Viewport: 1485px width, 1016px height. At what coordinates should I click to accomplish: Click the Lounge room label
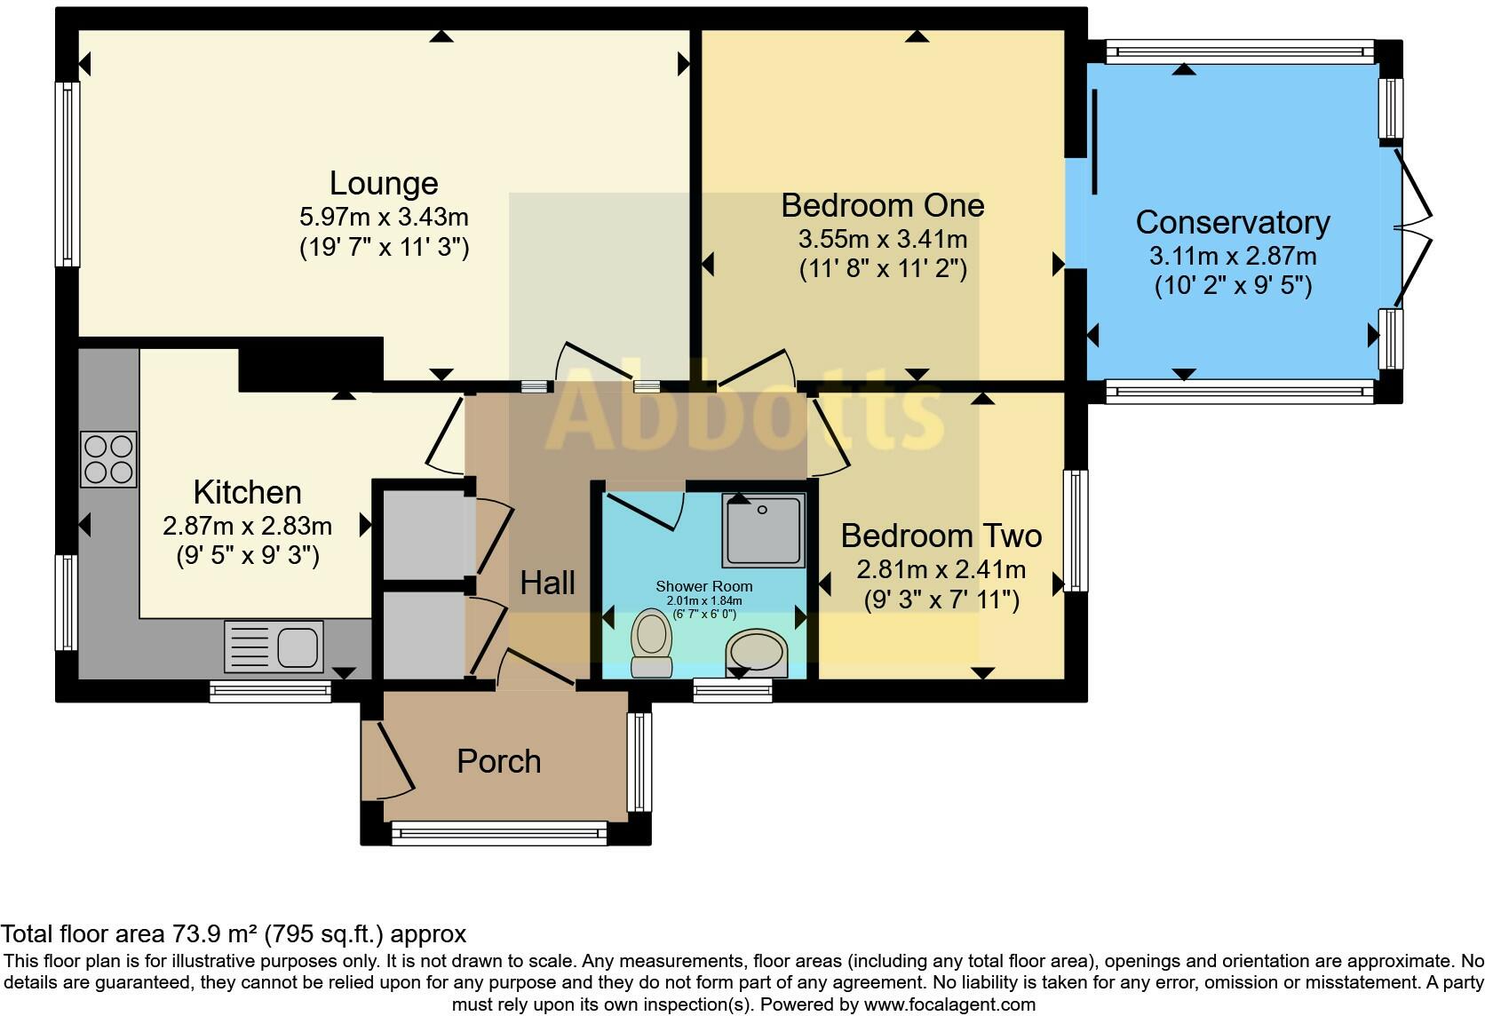(x=384, y=184)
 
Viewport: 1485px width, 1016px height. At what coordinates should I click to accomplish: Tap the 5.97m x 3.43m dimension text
(x=384, y=217)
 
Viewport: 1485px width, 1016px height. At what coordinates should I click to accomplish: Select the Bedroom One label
(x=882, y=205)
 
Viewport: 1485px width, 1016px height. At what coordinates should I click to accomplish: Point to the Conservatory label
(x=1233, y=223)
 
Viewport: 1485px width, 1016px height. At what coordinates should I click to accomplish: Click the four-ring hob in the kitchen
(x=108, y=459)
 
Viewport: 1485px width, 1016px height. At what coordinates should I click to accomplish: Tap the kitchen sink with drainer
(x=274, y=647)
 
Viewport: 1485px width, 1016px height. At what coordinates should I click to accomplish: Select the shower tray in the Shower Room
(x=763, y=530)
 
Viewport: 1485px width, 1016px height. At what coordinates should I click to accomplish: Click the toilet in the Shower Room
(x=652, y=644)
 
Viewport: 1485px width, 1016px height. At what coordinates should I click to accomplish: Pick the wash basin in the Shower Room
(x=757, y=652)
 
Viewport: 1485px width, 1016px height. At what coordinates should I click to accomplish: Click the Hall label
(x=548, y=583)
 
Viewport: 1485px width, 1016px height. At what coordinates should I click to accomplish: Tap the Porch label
(x=499, y=761)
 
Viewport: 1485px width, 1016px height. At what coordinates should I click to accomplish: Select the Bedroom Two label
(x=941, y=536)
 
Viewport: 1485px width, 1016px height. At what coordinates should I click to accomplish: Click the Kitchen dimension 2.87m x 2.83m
(x=247, y=526)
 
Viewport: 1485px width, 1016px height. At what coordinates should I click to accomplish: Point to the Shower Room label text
(x=704, y=586)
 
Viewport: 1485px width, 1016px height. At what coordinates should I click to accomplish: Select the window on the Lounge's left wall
(x=67, y=174)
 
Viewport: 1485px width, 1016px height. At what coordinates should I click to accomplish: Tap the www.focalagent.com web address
(x=950, y=1004)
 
